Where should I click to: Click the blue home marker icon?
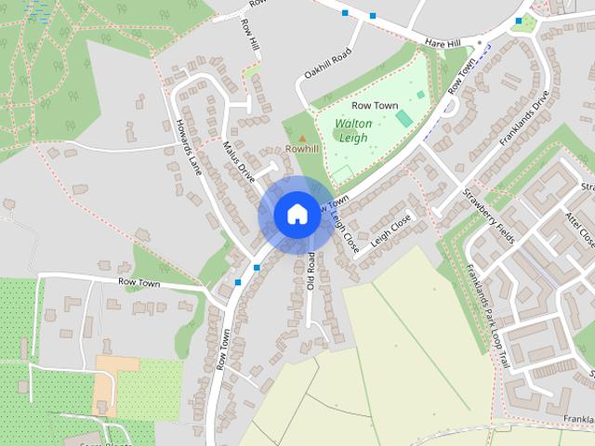tap(296, 215)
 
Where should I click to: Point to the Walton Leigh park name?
tap(353, 130)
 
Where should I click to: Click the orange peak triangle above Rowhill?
tap(301, 138)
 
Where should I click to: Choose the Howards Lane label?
tap(189, 147)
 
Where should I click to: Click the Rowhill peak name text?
tap(301, 149)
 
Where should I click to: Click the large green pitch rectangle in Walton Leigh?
tap(403, 118)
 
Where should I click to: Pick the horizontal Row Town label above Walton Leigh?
tap(376, 106)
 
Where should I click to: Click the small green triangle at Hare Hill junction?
tap(528, 22)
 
